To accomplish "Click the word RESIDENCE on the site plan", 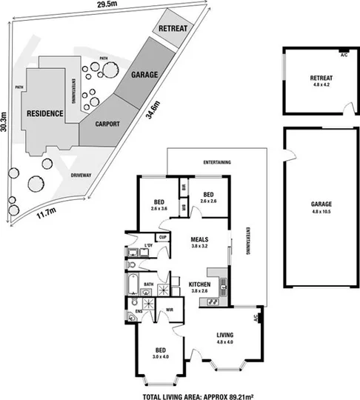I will coord(44,113).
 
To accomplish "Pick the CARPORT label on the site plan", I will coord(107,124).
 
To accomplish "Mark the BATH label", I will coord(148,284).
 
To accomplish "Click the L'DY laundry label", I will coord(148,245).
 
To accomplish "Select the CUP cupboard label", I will coord(162,238).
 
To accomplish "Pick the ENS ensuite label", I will coord(139,312).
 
